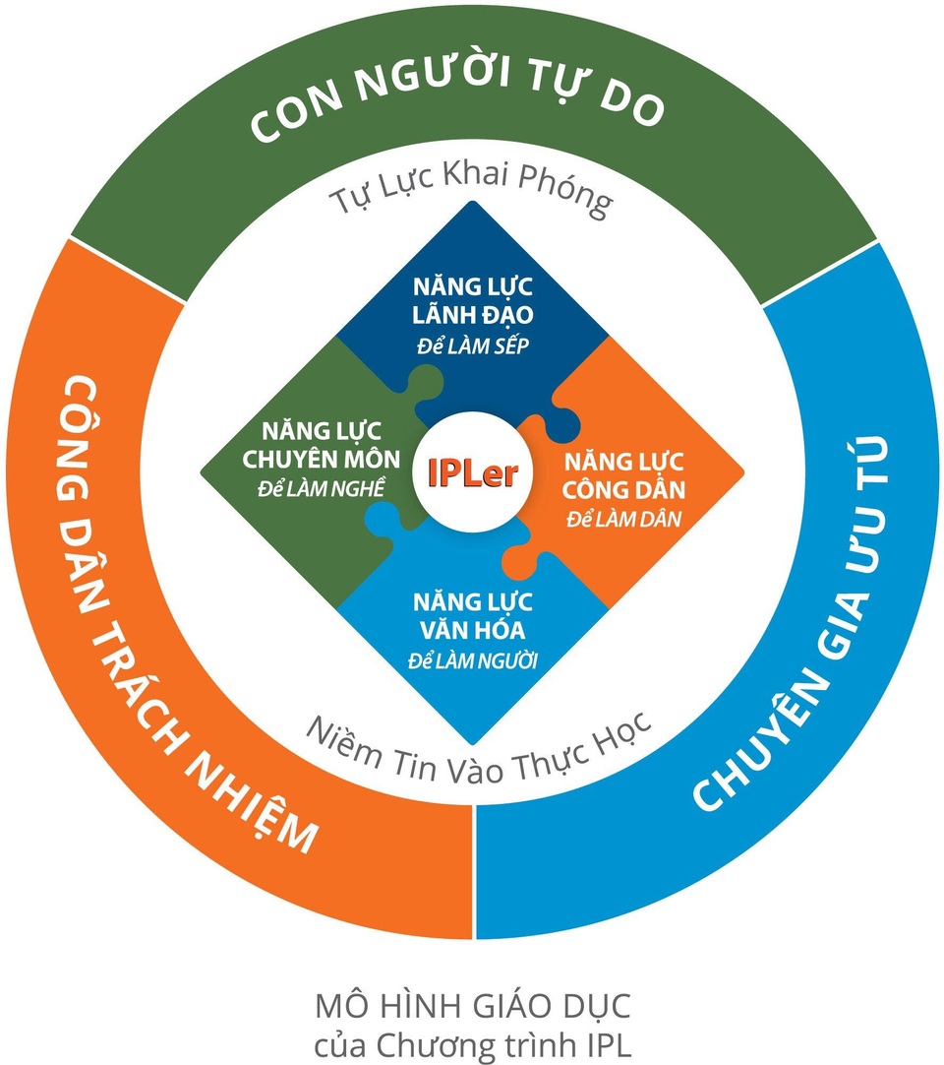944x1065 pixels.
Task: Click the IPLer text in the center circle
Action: (x=472, y=472)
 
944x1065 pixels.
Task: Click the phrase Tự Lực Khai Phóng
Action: (x=470, y=197)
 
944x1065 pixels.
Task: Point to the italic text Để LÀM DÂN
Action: (x=624, y=518)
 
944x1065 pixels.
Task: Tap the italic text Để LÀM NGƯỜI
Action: (x=473, y=658)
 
